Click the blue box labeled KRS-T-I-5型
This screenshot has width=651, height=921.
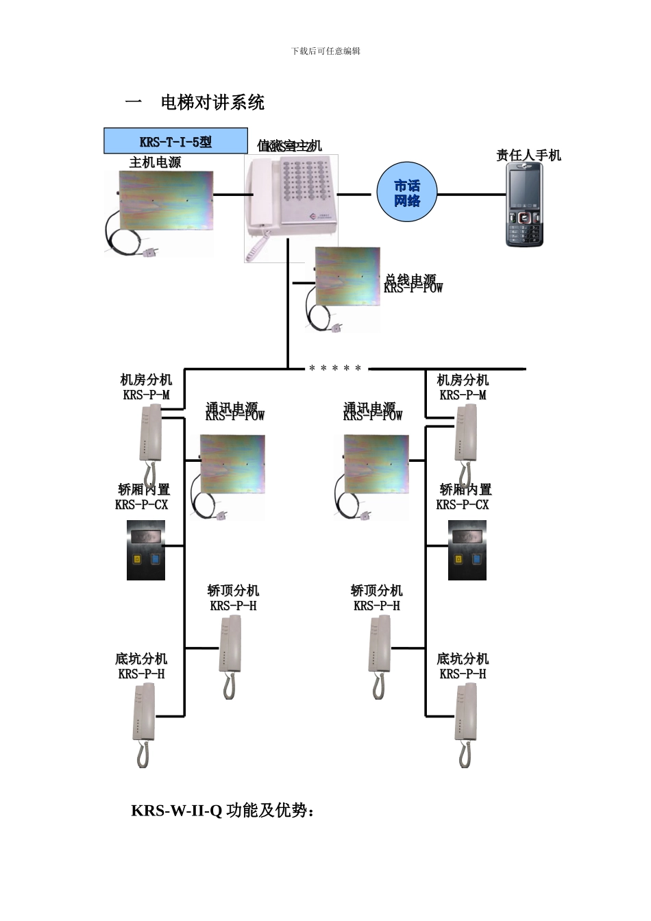tap(175, 141)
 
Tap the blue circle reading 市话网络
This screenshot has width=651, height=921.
tap(407, 193)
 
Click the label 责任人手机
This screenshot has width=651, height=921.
tap(528, 156)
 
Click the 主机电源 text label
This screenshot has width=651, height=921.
tap(156, 162)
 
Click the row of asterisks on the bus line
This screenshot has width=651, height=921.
tap(334, 369)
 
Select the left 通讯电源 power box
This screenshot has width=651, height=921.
tap(231, 466)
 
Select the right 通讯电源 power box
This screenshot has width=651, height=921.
tap(375, 466)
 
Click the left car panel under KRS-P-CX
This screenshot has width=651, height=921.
tap(146, 550)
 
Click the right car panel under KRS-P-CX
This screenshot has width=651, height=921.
tap(467, 550)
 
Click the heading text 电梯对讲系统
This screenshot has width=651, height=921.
tap(212, 103)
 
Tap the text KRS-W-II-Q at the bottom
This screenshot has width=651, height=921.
tap(176, 811)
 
